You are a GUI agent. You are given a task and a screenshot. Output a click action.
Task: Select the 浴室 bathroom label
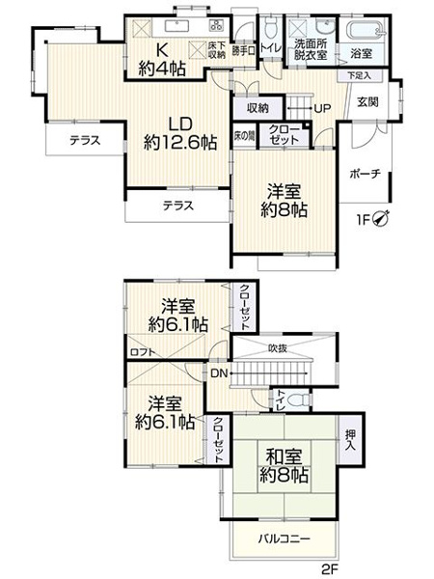click(x=362, y=55)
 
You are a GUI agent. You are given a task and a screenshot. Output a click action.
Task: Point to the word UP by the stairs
click(x=321, y=107)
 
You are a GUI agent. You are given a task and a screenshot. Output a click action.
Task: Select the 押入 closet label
click(x=349, y=440)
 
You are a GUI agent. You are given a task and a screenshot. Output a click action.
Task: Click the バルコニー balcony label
click(x=284, y=538)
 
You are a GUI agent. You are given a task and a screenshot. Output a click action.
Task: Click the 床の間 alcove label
click(x=245, y=135)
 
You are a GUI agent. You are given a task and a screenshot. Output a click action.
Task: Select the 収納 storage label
click(x=257, y=106)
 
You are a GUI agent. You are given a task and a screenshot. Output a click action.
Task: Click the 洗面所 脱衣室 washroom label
click(x=312, y=50)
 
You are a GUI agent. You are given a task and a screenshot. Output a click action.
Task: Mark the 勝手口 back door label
click(x=245, y=50)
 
